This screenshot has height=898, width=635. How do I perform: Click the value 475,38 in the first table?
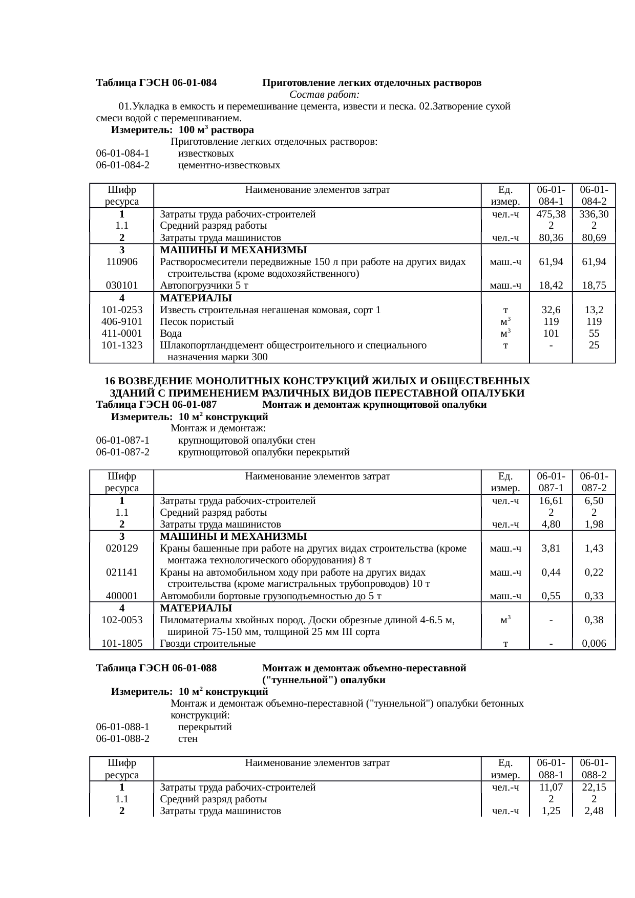pos(551,214)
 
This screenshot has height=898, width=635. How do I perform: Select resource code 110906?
pos(121,262)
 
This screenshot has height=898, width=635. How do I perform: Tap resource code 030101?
pos(121,286)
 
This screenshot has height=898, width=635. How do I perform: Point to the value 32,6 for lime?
pos(551,310)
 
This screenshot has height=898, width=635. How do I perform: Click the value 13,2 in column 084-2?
pos(594,310)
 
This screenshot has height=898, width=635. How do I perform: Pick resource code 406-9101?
pos(121,322)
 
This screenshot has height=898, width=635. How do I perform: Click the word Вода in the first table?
pos(171,334)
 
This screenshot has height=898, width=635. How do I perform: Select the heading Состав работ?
pos(324,95)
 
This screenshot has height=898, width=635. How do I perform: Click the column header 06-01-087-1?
pos(551,482)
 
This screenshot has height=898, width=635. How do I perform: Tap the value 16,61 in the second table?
pos(551,501)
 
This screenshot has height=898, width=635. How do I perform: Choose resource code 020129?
pos(121,549)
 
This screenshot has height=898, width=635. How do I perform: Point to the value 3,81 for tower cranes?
pos(551,549)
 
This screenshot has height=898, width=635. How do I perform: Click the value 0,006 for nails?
pos(594,644)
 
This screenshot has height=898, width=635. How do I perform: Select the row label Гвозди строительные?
pos(208,644)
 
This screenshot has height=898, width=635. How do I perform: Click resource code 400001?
pos(121,596)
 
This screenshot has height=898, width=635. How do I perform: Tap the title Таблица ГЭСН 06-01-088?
pos(156,668)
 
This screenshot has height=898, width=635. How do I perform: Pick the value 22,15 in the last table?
pos(594,787)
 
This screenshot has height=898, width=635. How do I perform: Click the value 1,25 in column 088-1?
pos(551,811)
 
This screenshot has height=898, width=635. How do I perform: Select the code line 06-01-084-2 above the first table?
pos(122,165)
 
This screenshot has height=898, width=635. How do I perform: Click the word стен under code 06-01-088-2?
pos(187,739)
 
